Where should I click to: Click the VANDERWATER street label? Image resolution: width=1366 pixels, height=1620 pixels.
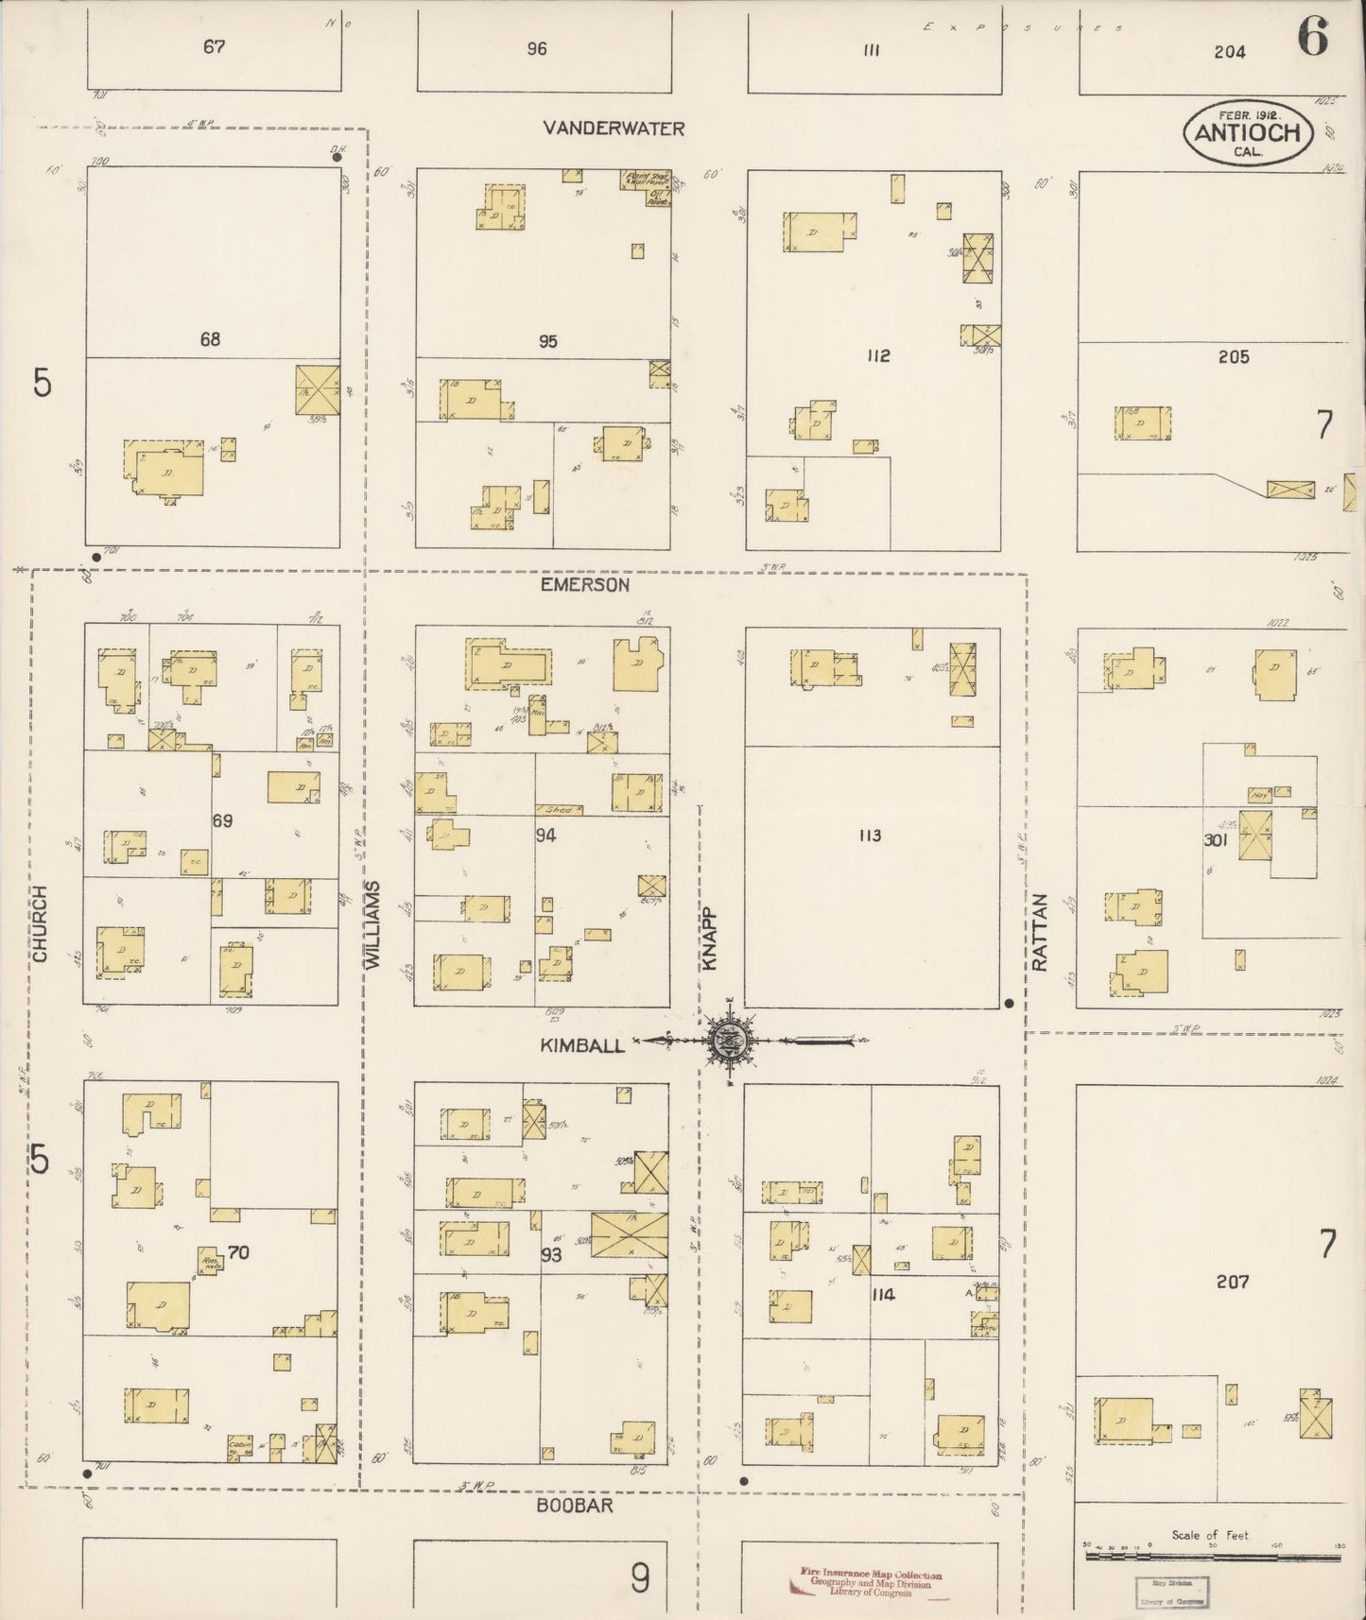[614, 129]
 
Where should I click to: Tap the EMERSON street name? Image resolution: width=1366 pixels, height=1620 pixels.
[584, 585]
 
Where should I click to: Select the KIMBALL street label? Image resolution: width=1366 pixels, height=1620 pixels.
[582, 1045]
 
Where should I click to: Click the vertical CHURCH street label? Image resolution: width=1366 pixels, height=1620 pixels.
[40, 923]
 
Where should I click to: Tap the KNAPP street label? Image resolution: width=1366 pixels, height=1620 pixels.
[710, 939]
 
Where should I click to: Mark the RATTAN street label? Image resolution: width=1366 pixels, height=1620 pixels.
[1041, 932]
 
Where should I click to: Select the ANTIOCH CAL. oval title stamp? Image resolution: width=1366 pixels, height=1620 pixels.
[1248, 133]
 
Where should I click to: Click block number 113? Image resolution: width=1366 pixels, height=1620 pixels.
[870, 836]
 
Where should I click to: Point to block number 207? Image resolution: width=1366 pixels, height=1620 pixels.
[1233, 1282]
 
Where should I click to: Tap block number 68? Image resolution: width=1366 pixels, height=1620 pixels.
[210, 338]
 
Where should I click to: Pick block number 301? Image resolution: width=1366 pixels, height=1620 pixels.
[1214, 839]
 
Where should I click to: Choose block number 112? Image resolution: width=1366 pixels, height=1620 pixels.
[878, 355]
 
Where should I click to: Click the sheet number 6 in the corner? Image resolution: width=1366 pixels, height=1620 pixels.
[1312, 38]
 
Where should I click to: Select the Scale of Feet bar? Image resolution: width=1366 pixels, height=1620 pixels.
[1214, 1553]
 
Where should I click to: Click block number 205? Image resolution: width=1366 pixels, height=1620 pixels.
[1234, 356]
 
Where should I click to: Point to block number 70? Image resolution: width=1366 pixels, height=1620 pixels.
[238, 1252]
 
